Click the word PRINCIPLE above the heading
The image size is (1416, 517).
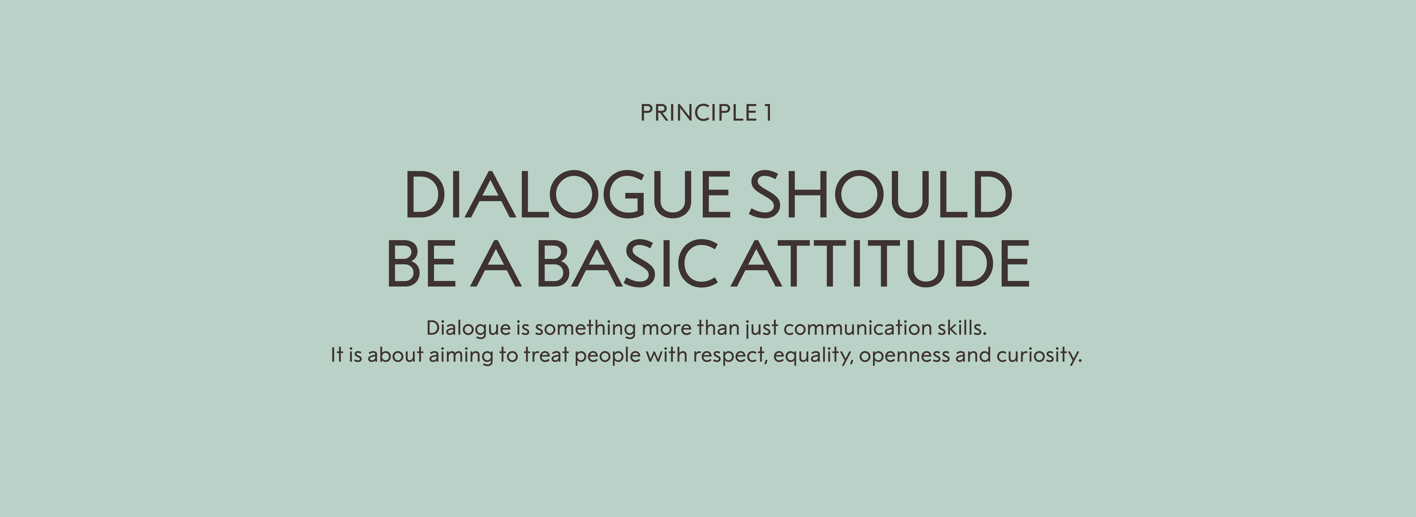pos(698,113)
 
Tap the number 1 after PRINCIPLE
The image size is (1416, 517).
pos(767,113)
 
